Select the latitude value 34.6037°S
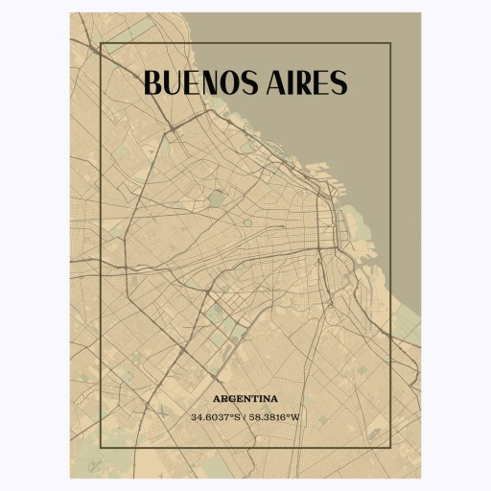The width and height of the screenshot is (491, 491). pos(216,417)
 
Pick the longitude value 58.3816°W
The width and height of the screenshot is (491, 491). pos(275,417)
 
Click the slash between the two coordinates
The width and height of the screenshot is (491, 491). pos(245,417)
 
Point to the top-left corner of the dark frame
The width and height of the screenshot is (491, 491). pos(101,44)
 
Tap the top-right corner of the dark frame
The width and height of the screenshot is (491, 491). pos(390,44)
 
